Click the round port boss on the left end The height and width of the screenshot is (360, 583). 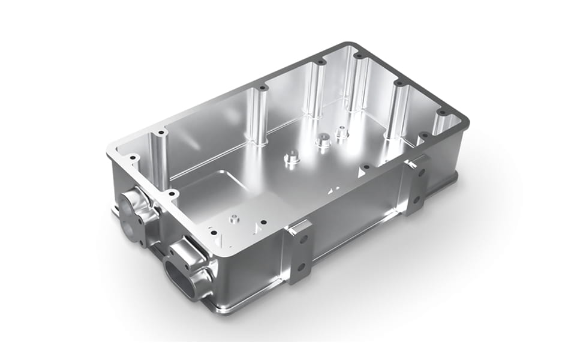click(x=133, y=208)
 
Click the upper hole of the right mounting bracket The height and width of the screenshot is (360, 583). click(x=422, y=172)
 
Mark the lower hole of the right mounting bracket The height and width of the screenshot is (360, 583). click(x=418, y=194)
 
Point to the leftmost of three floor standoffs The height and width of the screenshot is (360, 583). click(x=292, y=158)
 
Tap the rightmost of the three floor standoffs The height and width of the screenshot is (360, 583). click(x=342, y=133)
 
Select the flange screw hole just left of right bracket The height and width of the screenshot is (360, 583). click(x=365, y=167)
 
